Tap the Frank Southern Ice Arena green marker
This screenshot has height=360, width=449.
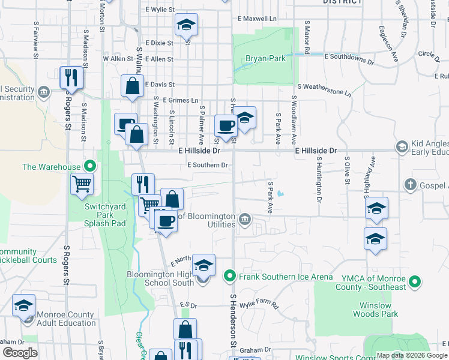229,277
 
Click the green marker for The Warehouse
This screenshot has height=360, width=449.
90,166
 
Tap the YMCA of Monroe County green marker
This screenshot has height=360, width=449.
414,281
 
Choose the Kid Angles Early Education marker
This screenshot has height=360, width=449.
401,146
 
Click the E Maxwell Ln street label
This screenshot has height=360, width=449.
257,19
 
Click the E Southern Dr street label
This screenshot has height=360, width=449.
208,166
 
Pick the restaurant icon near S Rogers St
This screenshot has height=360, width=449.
71,77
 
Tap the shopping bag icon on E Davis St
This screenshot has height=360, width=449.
132,86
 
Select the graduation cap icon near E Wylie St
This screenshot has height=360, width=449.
186,25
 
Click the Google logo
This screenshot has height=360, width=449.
20,353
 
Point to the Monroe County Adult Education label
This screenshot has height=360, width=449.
66,319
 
